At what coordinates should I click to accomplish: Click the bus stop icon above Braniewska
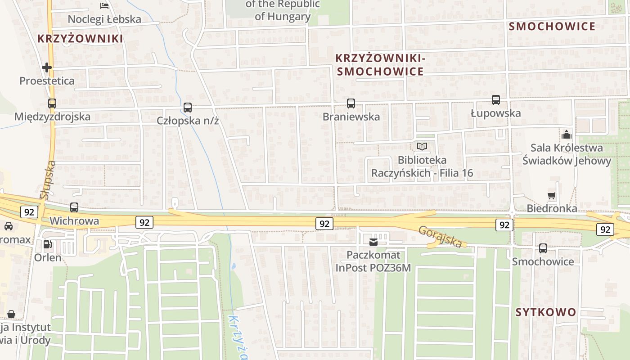pos(351,103)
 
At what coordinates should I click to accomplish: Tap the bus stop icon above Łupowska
pos(496,100)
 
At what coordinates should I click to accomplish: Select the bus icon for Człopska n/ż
pos(188,108)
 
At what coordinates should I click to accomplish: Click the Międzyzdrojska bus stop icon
pos(52,103)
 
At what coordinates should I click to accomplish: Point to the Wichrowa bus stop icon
pos(74,207)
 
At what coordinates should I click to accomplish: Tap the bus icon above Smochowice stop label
pos(543,248)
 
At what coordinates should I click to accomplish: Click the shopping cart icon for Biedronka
pos(552,195)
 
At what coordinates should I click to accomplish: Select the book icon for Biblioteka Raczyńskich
pos(422,146)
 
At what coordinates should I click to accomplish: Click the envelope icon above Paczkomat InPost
pos(373,242)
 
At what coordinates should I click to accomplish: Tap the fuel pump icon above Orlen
pos(47,244)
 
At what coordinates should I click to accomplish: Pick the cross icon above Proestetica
pos(47,67)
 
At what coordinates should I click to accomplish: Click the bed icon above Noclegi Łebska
pos(104,6)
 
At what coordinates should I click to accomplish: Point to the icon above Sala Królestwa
pos(567,134)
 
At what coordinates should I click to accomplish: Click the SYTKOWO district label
pos(545,312)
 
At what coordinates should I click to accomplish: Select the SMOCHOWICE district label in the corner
pos(552,27)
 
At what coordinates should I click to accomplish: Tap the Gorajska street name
pos(440,237)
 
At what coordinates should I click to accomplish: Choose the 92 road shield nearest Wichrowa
pos(29,212)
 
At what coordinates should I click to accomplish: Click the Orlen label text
pos(48,258)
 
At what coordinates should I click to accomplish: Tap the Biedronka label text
pos(552,209)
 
